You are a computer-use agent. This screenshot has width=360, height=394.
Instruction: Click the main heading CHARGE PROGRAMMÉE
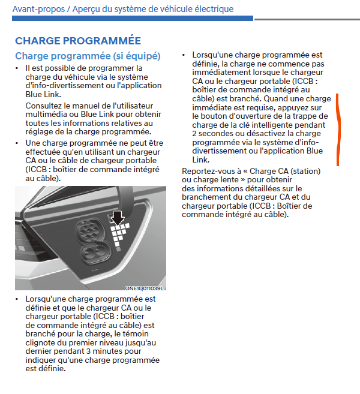tap(78, 41)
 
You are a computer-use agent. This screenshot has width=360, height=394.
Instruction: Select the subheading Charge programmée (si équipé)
tap(88, 56)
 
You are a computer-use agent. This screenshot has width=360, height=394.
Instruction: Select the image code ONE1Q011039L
tap(144, 288)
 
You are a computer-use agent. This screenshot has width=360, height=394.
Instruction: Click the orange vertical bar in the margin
tap(338, 129)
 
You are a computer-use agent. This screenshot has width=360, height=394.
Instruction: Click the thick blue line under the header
tap(133, 19)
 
